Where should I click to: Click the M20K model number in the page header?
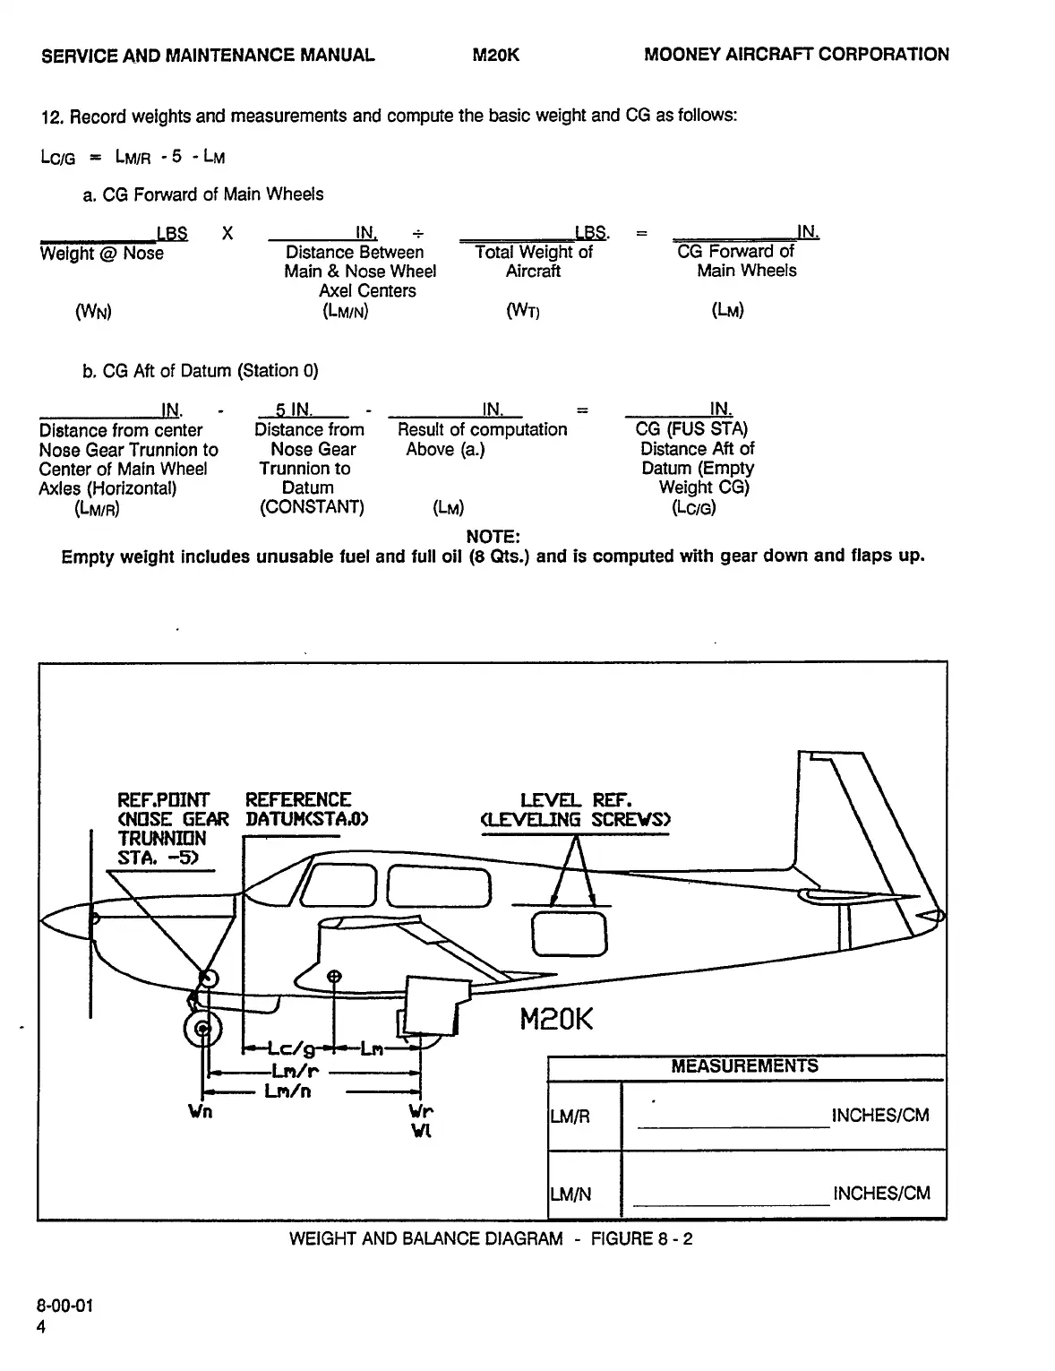495,55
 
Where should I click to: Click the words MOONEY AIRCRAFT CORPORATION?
796,55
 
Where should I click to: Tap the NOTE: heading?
493,537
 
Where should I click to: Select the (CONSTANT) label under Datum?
312,507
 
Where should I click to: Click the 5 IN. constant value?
294,410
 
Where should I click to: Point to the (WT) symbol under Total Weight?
523,311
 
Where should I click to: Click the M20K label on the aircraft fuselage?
556,1019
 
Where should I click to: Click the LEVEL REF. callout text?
576,799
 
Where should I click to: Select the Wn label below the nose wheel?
200,1112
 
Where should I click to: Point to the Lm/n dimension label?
287,1091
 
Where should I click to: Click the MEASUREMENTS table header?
744,1065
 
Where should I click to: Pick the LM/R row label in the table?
570,1117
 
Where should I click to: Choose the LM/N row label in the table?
570,1194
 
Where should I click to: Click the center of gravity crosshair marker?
334,976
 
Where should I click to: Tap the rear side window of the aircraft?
569,933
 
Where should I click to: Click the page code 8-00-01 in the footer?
64,1306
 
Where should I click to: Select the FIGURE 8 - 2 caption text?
641,1238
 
